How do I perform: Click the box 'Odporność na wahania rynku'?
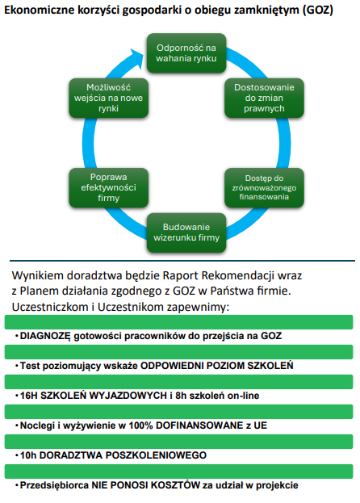point(186,53)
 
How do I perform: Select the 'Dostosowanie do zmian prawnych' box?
point(264,98)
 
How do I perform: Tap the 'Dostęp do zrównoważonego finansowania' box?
point(264,187)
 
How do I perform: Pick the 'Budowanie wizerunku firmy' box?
point(186,233)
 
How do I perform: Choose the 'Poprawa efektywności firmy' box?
point(108,187)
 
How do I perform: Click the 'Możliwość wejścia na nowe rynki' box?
point(108,98)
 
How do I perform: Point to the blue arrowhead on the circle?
point(136,58)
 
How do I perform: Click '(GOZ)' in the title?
point(318,10)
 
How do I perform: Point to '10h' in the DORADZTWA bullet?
point(28,455)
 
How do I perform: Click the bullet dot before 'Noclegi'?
point(17,425)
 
